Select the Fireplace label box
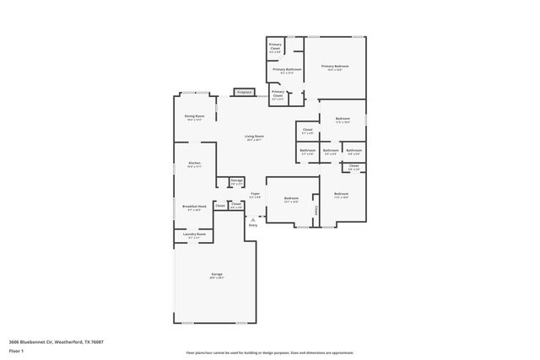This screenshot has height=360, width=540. point(245,91)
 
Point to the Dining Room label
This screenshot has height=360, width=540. point(195,117)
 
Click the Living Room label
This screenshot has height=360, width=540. point(254,138)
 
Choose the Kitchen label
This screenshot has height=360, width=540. point(194,164)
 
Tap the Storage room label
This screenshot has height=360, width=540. point(237,181)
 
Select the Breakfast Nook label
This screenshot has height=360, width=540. point(194,207)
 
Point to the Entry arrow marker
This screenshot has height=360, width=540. point(252,218)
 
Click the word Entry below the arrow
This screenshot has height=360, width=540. point(252,225)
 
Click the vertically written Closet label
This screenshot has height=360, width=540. point(316,209)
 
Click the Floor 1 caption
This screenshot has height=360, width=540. point(16,351)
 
